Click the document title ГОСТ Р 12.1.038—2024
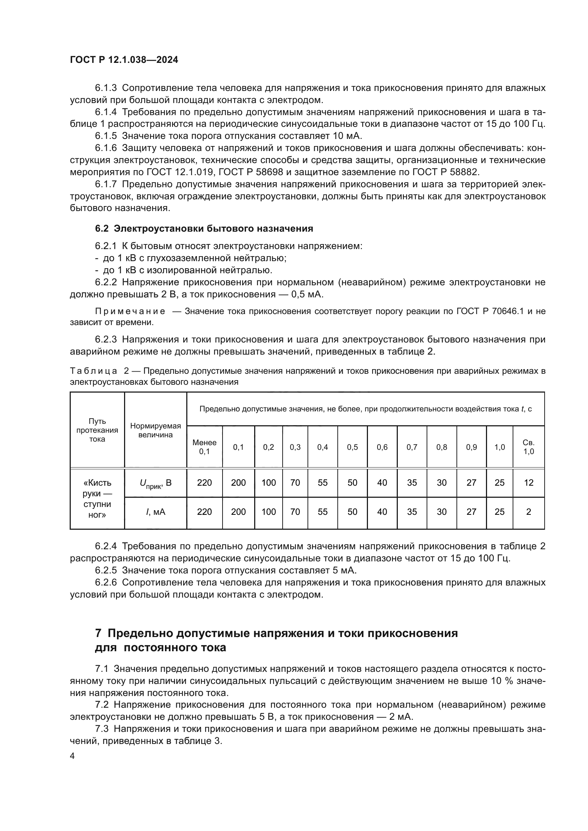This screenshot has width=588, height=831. (x=124, y=60)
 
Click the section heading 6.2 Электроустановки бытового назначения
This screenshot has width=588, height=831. (x=204, y=228)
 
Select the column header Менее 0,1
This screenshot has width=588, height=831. (x=204, y=447)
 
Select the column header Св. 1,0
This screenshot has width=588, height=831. (x=528, y=447)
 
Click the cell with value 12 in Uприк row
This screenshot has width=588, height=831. (x=528, y=483)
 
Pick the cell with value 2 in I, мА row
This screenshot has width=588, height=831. (x=528, y=512)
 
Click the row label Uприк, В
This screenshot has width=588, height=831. (x=156, y=483)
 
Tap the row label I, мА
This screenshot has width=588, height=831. (x=156, y=512)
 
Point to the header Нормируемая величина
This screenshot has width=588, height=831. (x=156, y=430)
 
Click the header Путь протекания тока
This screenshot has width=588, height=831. (x=97, y=430)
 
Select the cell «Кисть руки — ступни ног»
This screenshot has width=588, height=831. (x=97, y=498)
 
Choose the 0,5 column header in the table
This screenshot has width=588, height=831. (x=352, y=447)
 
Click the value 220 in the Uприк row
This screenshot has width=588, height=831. (x=204, y=483)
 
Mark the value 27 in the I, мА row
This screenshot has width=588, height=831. (x=471, y=512)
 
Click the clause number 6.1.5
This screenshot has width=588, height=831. (x=106, y=136)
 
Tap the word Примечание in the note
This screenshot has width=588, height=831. (x=130, y=311)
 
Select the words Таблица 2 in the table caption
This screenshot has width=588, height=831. (x=99, y=371)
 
